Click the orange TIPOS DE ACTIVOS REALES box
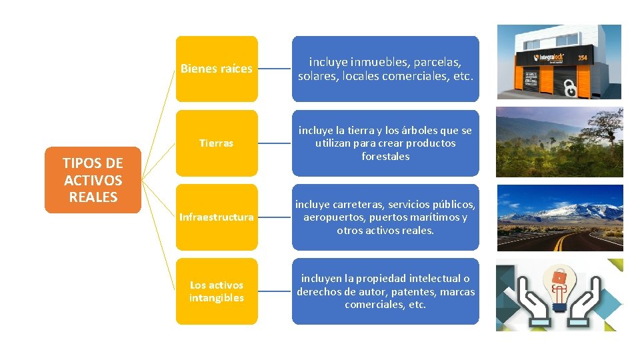point(93,180)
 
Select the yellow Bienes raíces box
point(217,69)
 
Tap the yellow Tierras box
point(217,143)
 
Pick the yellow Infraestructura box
point(217,217)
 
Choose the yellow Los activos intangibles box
point(217,291)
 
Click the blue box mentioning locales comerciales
point(385,69)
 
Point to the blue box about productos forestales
point(385,143)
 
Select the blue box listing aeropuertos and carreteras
point(385,217)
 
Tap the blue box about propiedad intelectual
point(385,291)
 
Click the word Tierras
point(217,143)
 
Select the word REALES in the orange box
point(93,197)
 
